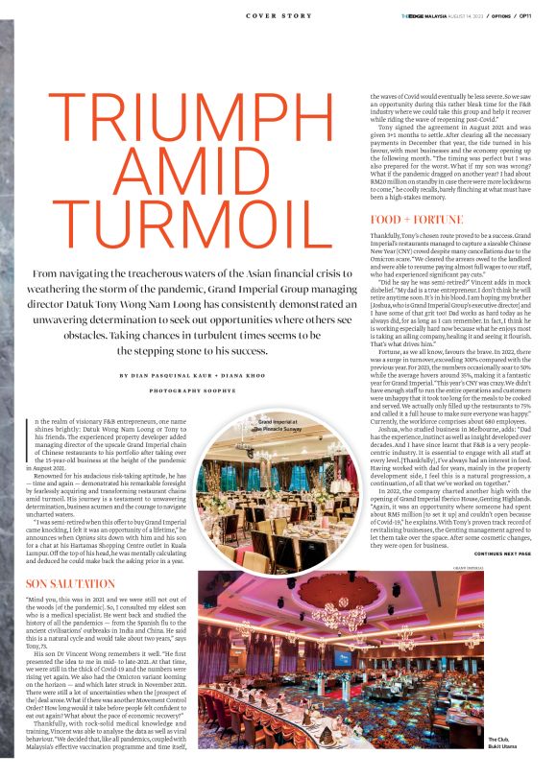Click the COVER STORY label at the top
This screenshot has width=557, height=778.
pyautogui.click(x=278, y=15)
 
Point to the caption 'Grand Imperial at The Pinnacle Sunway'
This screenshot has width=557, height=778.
pyautogui.click(x=279, y=424)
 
